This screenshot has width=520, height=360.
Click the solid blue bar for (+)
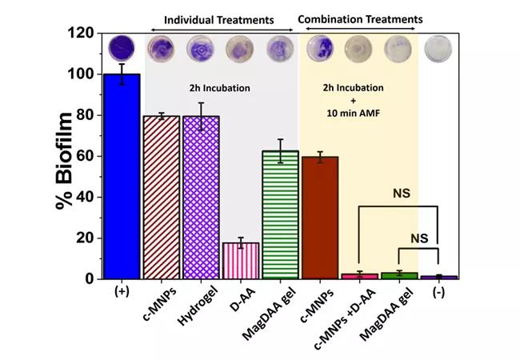tap(121, 176)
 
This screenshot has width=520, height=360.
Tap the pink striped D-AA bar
tap(240, 261)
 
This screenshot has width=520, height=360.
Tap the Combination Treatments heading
tap(361, 18)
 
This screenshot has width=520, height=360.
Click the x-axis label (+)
tap(121, 292)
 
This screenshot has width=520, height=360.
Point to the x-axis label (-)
tap(438, 292)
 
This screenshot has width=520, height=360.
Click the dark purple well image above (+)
tap(121, 47)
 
